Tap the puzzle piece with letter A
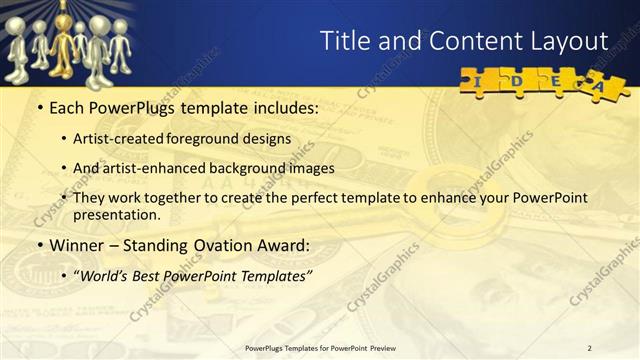(599, 87)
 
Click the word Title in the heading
(345, 41)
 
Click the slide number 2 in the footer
(590, 347)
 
